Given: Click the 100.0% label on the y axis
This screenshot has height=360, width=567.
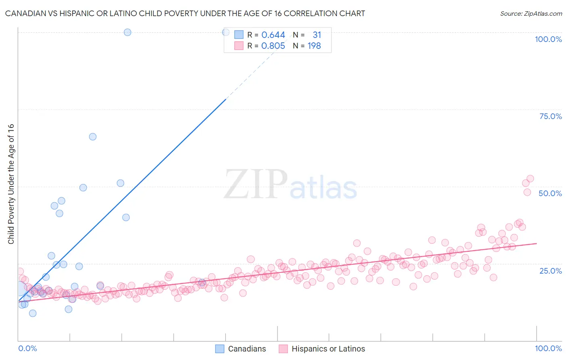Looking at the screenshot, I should coord(548,39).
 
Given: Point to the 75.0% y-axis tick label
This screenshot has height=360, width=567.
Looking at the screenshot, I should coord(550,116).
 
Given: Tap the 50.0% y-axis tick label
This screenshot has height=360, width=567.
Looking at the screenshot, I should coord(550,193).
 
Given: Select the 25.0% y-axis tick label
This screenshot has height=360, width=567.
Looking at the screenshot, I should coord(550,270).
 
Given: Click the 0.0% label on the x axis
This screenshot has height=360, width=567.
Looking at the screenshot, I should coord(27,348).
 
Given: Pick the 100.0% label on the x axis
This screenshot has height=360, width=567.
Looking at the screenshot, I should coord(548,348).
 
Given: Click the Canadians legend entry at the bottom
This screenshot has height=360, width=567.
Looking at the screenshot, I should coord(247,349).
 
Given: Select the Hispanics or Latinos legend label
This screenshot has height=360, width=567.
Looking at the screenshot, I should coord(328,349).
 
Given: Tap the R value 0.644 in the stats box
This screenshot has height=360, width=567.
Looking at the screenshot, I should coord(273,35).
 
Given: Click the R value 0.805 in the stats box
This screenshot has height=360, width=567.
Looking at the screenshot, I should coord(273,46).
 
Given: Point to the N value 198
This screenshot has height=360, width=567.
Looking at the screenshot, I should coord(314,46).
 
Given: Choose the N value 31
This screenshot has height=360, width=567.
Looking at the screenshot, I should coord(317,35).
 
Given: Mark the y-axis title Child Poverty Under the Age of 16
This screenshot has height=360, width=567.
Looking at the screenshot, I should coord(11,184).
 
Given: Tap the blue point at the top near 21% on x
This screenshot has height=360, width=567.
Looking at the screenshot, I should coord(127,32).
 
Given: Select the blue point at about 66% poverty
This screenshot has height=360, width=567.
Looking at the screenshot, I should coord(93,137).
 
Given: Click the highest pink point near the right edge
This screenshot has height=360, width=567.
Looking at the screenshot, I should coord(530,179).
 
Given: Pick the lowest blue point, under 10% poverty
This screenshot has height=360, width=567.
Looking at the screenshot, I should coord(33,313).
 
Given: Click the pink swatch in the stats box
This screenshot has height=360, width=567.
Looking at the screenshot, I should coord(239,46).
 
